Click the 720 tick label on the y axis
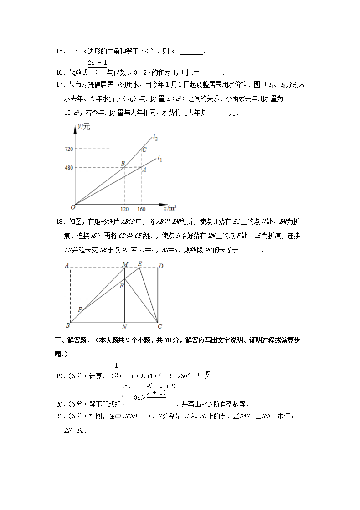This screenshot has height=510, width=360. pyautogui.click(x=69, y=149)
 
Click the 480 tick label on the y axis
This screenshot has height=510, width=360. pyautogui.click(x=69, y=167)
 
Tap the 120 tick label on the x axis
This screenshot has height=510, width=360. pyautogui.click(x=124, y=210)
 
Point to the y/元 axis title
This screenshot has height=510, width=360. pyautogui.click(x=84, y=127)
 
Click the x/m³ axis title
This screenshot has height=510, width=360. pyautogui.click(x=170, y=208)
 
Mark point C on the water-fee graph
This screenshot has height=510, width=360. pyautogui.click(x=144, y=150)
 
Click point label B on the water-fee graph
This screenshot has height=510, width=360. pyautogui.click(x=122, y=163)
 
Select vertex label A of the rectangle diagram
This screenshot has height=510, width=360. pyautogui.click(x=67, y=265)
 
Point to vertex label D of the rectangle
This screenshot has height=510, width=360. pyautogui.click(x=160, y=265)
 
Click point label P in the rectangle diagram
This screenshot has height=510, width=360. pyautogui.click(x=79, y=309)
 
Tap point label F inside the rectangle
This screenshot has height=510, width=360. pyautogui.click(x=121, y=286)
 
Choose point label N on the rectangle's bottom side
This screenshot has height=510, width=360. pyautogui.click(x=124, y=327)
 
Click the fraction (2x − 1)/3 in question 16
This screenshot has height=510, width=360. pyautogui.click(x=97, y=67)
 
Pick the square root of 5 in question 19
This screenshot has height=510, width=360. pyautogui.click(x=206, y=375)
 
